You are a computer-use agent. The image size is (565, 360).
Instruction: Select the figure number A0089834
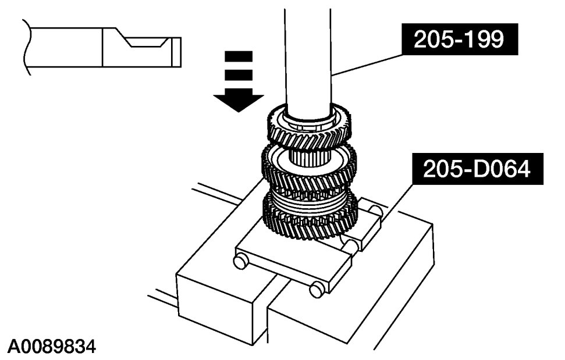point(52,347)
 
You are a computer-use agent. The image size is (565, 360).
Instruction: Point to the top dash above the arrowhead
point(238,56)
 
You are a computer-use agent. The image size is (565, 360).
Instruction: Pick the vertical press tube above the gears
point(308,52)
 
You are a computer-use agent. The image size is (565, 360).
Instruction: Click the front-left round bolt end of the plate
point(240,262)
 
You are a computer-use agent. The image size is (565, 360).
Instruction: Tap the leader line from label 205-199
point(367,65)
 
